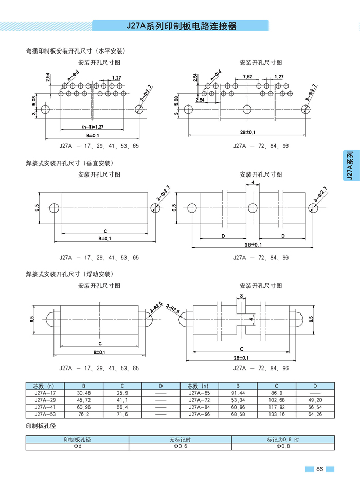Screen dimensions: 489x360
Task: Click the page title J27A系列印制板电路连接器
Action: point(181,26)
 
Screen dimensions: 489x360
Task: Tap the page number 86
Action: point(319,469)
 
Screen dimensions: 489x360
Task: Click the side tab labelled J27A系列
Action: point(350,165)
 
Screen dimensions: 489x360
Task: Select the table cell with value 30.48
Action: point(84,393)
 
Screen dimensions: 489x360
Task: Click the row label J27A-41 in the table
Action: point(45,407)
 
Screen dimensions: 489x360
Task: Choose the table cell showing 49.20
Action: point(315,400)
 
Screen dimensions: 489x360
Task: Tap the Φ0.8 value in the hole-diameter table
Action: point(283,446)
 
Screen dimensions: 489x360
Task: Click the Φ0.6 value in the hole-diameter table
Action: point(180,446)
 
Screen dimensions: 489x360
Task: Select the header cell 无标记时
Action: point(180,440)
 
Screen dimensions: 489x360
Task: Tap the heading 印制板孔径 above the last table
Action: point(41,426)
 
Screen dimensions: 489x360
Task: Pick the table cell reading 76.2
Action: point(84,414)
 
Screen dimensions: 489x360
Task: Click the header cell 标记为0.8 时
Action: point(283,440)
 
